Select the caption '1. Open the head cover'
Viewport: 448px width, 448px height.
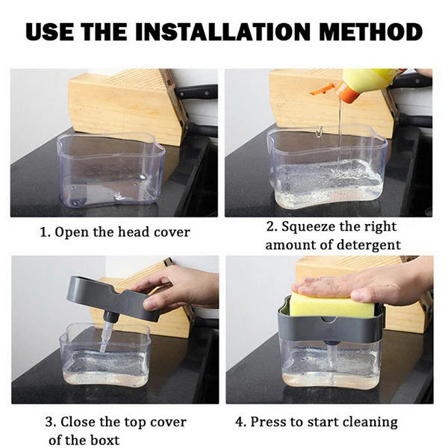(114, 232)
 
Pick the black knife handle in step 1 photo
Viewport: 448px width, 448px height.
(196, 93)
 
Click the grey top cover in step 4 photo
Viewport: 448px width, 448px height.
(329, 329)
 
